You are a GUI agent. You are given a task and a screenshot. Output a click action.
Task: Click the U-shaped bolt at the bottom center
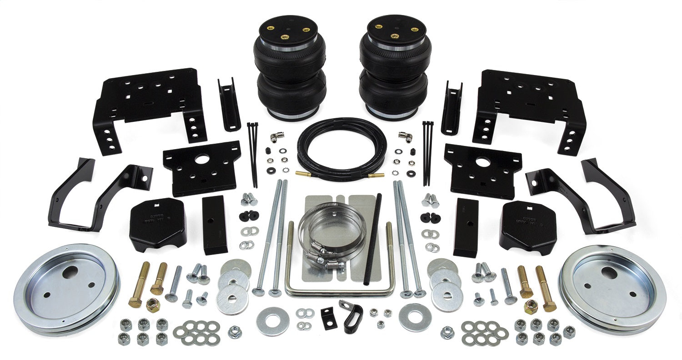coord(339,291)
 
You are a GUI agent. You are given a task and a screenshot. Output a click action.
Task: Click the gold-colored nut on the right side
coord(530,307)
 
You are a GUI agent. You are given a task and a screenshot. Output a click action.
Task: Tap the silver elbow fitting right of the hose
coord(402,135)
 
